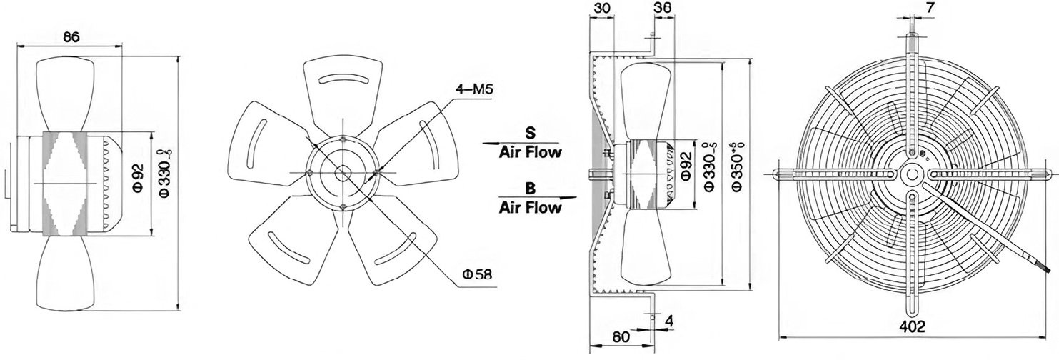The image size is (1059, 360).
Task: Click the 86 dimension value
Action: [71, 36]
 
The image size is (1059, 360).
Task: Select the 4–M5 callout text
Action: [473, 89]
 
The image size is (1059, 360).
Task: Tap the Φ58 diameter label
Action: [476, 274]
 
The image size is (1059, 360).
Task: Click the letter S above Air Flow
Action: [531, 132]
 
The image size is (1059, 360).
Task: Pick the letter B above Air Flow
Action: [531, 188]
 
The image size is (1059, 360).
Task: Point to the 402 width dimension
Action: [912, 326]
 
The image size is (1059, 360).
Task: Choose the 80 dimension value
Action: [621, 337]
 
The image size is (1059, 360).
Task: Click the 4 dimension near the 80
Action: [668, 321]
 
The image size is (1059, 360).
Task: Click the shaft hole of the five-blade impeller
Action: [342, 173]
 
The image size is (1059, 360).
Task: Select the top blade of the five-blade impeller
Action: [342, 98]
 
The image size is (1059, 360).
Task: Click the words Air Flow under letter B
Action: [531, 207]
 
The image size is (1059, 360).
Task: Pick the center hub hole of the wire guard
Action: [911, 174]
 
